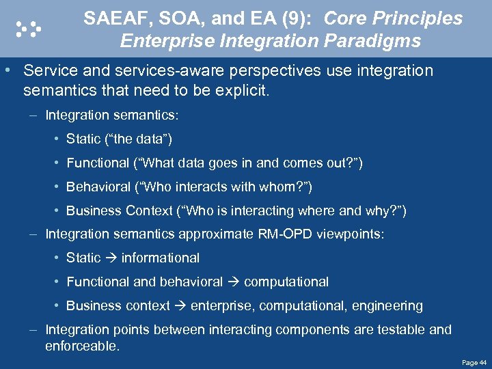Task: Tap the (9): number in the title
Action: [x=295, y=18]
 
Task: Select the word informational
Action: [x=161, y=258]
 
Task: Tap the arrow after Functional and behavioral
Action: [x=233, y=282]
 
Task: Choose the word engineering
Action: [x=387, y=305]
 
